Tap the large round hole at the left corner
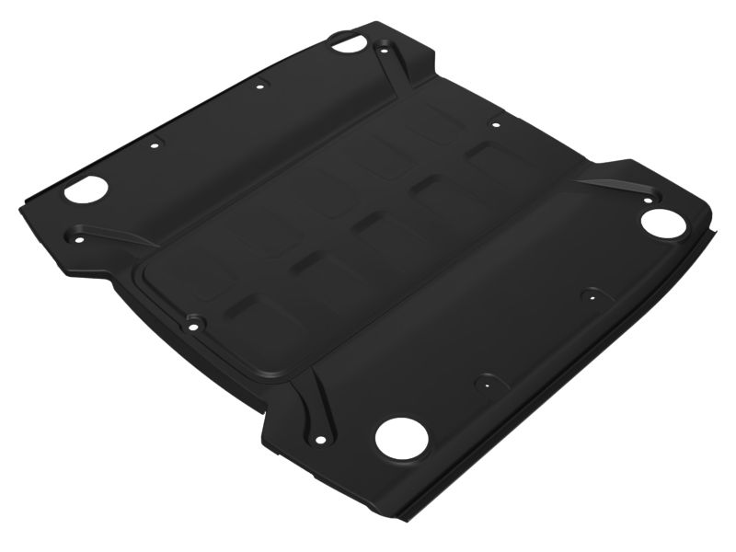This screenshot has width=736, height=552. (86, 190)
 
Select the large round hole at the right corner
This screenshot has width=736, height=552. (661, 222)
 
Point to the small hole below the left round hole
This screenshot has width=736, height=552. (77, 238)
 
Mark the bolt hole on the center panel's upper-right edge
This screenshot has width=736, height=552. (495, 124)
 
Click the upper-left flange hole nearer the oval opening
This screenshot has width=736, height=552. (260, 86)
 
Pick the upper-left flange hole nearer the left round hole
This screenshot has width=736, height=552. (155, 144)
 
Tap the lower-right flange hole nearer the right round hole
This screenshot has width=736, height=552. (586, 296)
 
